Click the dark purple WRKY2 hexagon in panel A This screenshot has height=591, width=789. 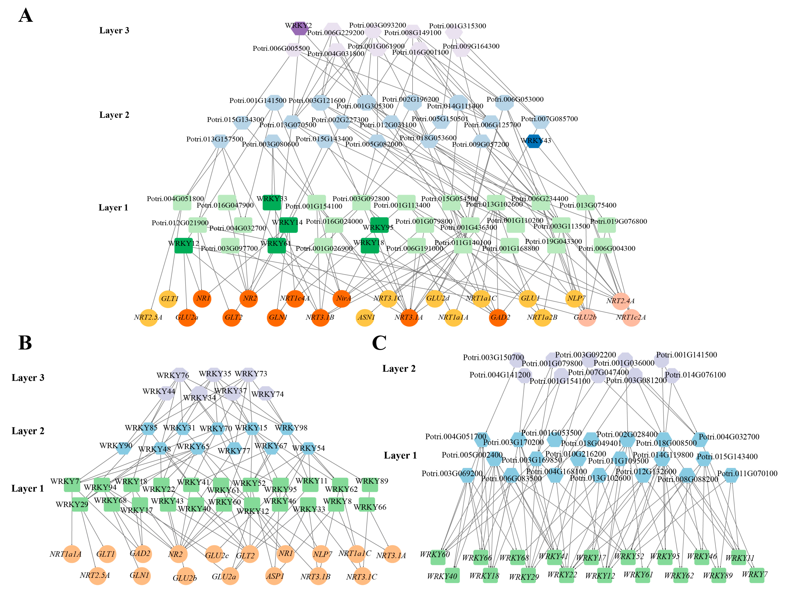coord(299,28)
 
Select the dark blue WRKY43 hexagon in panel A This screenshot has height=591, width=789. coord(534,141)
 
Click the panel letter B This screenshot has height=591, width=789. coord(25,343)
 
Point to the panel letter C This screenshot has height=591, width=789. coord(379,343)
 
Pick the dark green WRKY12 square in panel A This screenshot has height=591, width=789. coord(183,246)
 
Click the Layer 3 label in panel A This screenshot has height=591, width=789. coord(114,31)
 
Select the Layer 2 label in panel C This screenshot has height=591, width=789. coord(399,369)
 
